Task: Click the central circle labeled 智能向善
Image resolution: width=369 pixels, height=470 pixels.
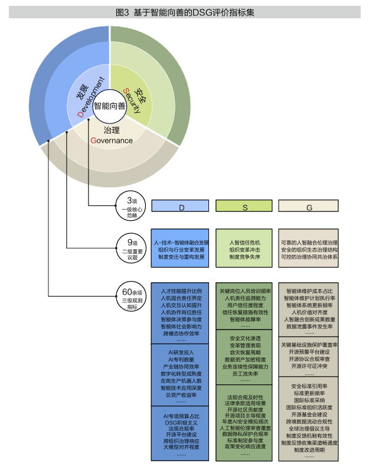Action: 109,106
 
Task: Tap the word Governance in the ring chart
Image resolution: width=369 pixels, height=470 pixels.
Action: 112,141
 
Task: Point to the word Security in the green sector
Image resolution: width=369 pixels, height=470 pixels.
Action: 133,98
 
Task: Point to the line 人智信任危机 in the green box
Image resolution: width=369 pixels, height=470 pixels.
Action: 244,242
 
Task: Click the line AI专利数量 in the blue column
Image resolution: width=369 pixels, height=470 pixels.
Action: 181,359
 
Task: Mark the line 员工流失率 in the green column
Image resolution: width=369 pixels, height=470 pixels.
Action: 244,373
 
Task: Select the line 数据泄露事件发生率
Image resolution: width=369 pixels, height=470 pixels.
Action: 309,327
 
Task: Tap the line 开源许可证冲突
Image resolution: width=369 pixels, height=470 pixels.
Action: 309,365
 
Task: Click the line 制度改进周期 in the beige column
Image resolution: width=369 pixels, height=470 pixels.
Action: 309,450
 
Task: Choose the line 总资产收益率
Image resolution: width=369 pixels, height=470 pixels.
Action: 181,395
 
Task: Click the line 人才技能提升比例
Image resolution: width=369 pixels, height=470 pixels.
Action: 181,291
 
